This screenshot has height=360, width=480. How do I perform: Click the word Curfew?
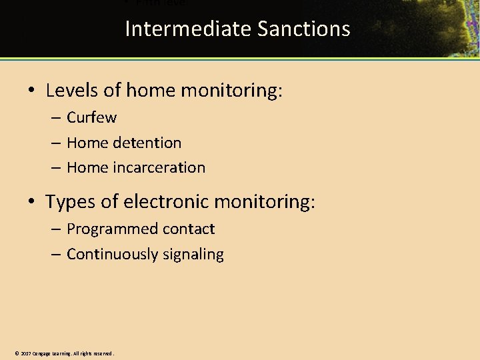pos(91,117)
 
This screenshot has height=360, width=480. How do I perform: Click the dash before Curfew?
pos(55,118)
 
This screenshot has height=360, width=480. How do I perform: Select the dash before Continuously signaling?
pos(55,254)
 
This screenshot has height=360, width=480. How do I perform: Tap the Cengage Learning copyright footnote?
pos(64,353)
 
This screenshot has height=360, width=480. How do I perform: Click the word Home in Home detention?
pos(87,143)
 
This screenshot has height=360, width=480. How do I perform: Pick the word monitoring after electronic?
pos(268,201)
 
